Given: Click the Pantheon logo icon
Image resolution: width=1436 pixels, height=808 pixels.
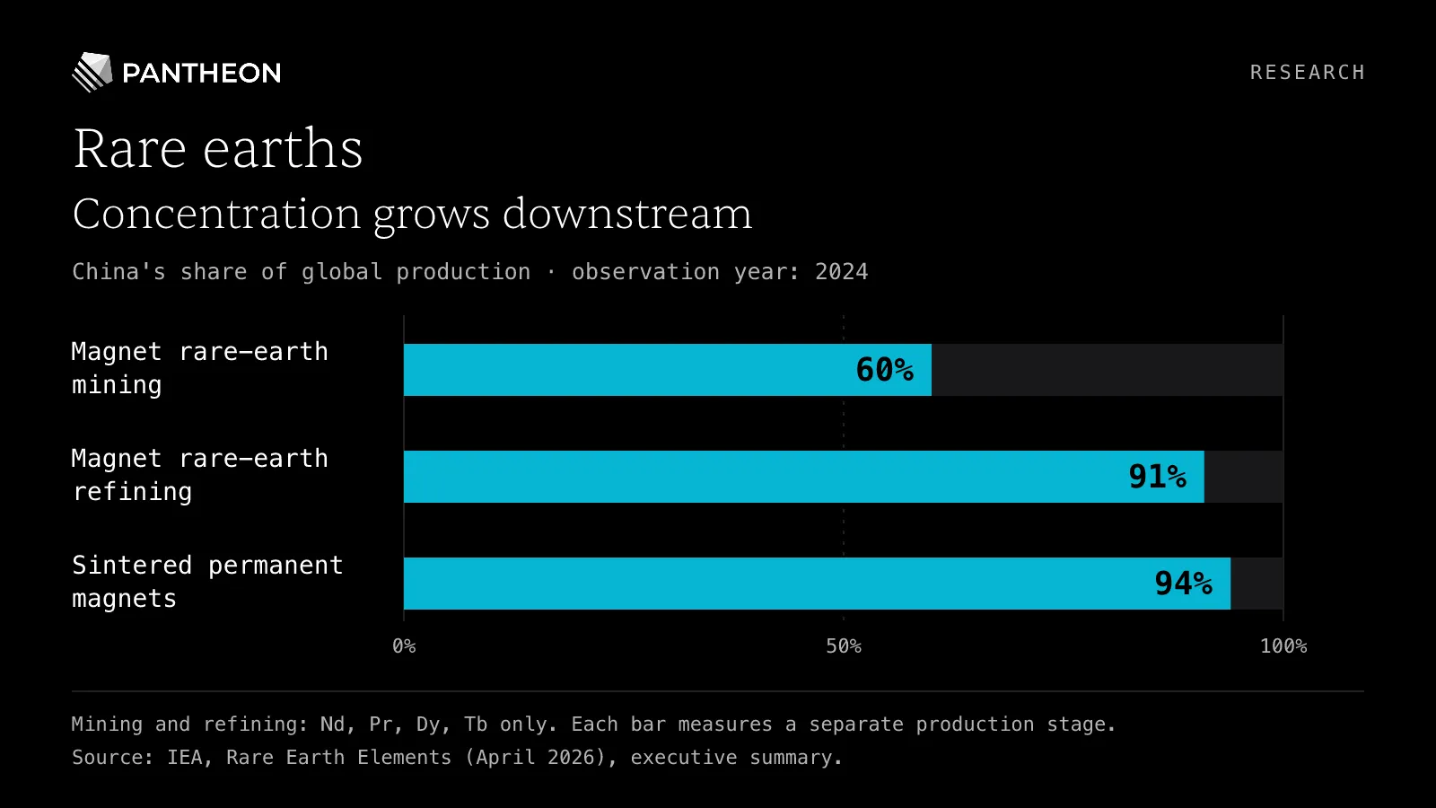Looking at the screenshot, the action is pos(92,72).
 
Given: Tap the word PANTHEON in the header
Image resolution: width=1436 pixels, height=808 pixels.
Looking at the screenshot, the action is pos(201,73).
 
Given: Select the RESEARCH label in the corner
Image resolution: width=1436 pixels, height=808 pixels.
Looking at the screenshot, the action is pos(1307,73).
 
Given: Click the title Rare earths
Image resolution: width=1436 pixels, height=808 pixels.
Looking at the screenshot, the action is pos(218,149).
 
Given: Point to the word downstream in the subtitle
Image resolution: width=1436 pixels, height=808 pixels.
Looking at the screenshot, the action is pos(627,214).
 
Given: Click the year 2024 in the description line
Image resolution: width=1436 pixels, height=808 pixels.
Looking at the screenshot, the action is pos(842,272).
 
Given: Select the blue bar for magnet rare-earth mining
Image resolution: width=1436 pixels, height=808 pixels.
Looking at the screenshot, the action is pos(668,370).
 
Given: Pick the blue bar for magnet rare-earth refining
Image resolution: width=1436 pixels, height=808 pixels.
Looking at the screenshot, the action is pos(804,477).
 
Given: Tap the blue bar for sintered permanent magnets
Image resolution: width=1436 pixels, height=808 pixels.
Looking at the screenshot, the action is pos(818,584).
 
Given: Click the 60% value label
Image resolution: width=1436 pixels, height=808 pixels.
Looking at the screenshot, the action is pos(885,370).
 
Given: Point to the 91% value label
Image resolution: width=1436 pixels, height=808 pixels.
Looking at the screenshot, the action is pos(1157,477).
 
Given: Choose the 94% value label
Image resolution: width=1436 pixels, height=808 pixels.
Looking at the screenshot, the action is pos(1184,584).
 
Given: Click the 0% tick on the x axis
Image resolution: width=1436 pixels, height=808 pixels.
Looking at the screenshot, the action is pos(404,646).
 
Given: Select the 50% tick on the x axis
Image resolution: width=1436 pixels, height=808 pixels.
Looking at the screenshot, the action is pos(844,646).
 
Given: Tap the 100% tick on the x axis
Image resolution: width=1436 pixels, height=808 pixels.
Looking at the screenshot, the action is pos(1283,646).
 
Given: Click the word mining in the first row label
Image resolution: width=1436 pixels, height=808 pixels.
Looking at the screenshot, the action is pos(117,385).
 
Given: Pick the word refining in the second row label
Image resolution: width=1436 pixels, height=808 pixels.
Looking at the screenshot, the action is pos(132,492).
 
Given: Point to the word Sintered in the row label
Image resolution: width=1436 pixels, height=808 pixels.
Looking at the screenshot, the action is pos(132,566).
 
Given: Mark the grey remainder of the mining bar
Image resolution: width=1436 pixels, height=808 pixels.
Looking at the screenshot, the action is pos(1108,370).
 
